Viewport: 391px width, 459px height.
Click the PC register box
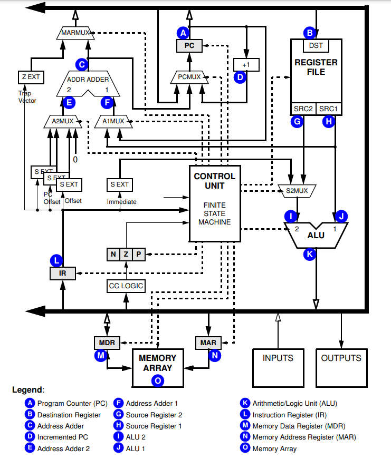tap(189, 46)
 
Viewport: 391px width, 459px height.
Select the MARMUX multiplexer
tap(75, 33)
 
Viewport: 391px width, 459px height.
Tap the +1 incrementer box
tap(245, 64)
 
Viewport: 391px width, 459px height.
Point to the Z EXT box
tap(31, 77)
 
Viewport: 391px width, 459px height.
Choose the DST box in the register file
tap(316, 46)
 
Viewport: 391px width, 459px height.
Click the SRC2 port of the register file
tap(303, 109)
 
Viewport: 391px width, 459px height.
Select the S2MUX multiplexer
tap(296, 189)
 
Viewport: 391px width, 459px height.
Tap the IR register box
tap(63, 273)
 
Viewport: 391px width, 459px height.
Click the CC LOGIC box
tap(126, 286)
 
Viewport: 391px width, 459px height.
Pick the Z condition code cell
tap(126, 254)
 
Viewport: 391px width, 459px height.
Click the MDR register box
tap(107, 342)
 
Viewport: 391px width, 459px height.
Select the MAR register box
tap(208, 342)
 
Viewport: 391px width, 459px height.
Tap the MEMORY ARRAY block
tap(158, 363)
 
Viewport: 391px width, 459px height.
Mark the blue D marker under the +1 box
tap(241, 77)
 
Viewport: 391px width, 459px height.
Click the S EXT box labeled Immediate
tap(119, 184)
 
